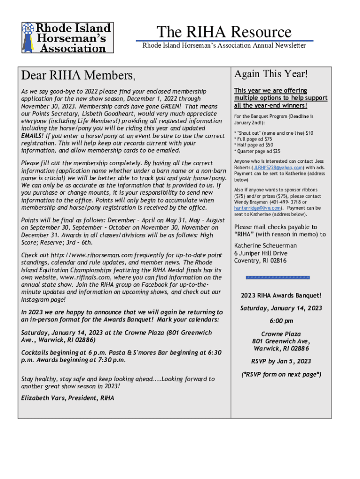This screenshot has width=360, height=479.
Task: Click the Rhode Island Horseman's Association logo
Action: click(x=67, y=37)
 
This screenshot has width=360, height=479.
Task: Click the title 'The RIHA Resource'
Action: click(x=224, y=32)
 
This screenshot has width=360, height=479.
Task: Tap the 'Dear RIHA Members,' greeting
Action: click(x=79, y=75)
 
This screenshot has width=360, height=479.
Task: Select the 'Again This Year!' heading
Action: click(x=271, y=74)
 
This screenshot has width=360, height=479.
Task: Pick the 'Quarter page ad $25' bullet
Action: click(x=257, y=151)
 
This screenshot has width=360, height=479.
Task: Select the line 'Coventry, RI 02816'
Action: click(x=260, y=261)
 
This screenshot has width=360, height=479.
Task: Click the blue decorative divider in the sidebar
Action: click(x=278, y=277)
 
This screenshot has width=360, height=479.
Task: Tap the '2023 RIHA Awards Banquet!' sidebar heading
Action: click(x=281, y=295)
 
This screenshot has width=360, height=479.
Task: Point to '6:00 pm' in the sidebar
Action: click(x=281, y=321)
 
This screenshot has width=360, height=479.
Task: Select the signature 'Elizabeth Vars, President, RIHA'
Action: click(x=68, y=398)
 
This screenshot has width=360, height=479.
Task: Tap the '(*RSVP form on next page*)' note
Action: click(x=281, y=374)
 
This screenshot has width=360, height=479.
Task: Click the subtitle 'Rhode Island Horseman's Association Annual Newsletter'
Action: click(x=224, y=45)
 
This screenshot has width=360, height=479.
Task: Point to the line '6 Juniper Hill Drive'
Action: click(x=261, y=253)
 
